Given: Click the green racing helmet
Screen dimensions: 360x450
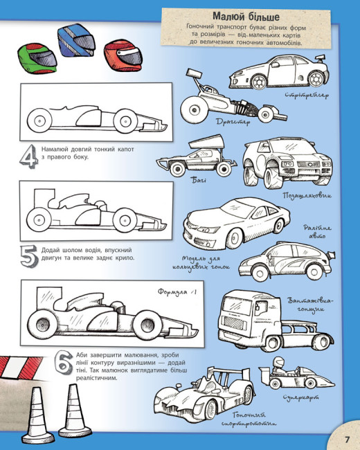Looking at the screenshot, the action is (x=37, y=58).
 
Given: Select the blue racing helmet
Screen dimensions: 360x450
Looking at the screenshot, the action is (x=76, y=41).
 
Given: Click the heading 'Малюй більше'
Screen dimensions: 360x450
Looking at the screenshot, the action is (x=246, y=17).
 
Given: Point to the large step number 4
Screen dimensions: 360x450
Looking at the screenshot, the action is (x=29, y=156).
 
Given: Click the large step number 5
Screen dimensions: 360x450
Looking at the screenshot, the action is (x=29, y=256).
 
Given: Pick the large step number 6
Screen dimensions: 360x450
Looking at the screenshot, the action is (x=64, y=362).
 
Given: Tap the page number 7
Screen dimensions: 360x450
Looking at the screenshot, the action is (x=348, y=440).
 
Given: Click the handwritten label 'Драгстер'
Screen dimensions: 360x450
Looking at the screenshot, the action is (x=233, y=122).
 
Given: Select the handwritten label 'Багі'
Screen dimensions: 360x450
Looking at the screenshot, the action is (x=199, y=180).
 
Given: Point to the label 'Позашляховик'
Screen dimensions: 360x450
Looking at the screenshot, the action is (x=307, y=195).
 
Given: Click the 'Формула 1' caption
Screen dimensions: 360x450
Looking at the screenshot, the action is (x=177, y=292).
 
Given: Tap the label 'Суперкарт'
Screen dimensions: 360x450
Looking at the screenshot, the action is (x=300, y=397).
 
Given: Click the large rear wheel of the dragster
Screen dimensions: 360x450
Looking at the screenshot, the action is (x=194, y=110).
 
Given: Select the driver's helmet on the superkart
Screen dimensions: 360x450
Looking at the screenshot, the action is (x=278, y=361).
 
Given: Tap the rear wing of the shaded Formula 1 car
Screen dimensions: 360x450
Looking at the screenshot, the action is (x=48, y=298).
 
